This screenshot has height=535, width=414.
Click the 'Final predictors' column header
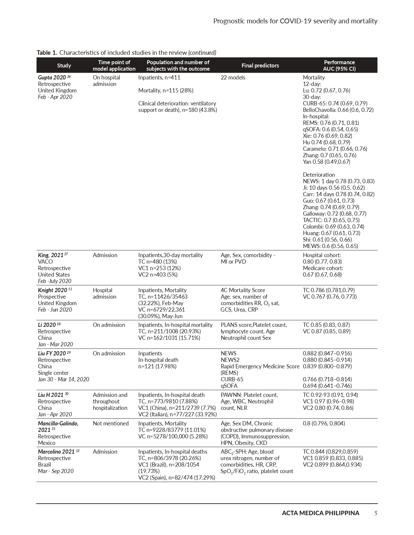click(x=260, y=65)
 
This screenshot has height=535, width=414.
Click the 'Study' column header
click(x=64, y=65)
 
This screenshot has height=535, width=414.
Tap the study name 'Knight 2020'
click(x=52, y=290)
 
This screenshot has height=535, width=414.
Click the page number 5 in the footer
click(x=376, y=513)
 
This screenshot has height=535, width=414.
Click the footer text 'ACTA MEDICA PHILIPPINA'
click(x=320, y=513)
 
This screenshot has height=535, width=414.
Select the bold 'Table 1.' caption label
click(x=47, y=53)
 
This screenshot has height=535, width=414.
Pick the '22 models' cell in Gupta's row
click(x=233, y=77)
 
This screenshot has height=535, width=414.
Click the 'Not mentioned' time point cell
click(x=110, y=423)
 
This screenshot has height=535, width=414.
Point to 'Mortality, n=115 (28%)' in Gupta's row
click(x=166, y=90)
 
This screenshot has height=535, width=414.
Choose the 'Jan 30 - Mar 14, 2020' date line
click(x=63, y=379)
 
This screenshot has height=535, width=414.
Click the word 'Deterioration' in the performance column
click(x=319, y=175)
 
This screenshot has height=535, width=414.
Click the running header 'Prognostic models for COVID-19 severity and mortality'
click(x=295, y=21)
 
